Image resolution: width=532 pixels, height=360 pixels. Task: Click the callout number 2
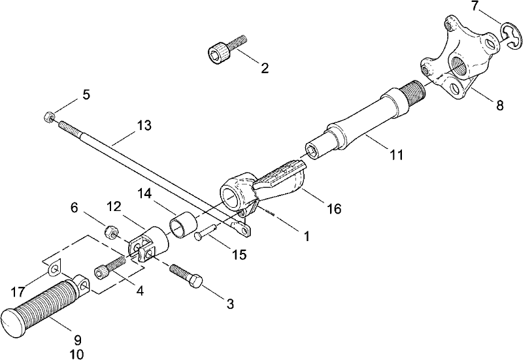click(265, 68)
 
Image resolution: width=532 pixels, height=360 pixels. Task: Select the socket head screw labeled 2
click(226, 48)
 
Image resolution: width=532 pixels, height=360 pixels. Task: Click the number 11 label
click(396, 155)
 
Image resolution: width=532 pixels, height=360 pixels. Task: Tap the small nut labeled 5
click(49, 118)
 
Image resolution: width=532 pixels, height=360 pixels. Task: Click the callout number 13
click(144, 125)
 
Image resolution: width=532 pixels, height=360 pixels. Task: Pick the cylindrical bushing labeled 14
click(184, 226)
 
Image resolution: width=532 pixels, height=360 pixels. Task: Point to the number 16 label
click(334, 208)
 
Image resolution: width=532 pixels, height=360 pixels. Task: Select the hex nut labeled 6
click(110, 232)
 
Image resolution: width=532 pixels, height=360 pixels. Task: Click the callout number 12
click(114, 206)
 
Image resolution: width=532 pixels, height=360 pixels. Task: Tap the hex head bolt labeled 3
click(186, 275)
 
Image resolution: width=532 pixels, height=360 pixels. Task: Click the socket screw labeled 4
click(110, 267)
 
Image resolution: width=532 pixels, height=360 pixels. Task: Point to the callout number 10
click(76, 354)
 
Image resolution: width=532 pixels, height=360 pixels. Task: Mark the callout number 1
click(307, 236)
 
